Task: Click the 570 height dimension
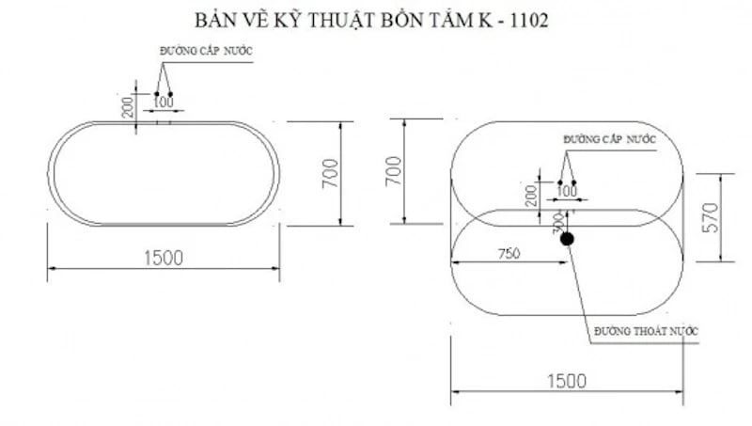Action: point(710,217)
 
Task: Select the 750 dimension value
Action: point(509,252)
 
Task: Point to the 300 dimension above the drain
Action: point(557,222)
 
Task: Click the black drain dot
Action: point(566,239)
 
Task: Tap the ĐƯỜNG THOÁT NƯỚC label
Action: point(647,331)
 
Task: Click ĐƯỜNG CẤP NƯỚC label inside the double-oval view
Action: point(609,139)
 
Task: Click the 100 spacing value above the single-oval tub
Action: point(163,102)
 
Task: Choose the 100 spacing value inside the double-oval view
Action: point(567,191)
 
